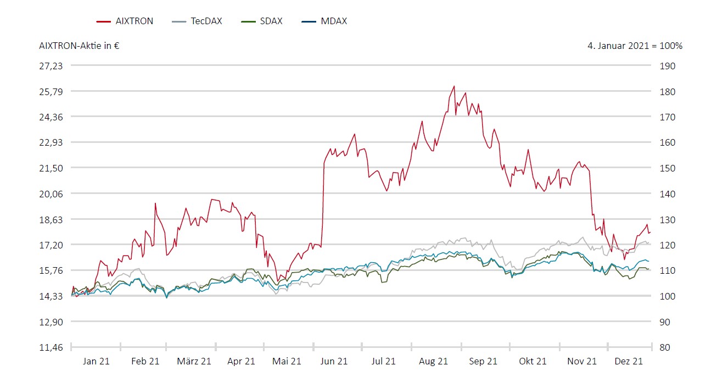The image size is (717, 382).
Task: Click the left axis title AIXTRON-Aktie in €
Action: point(80,46)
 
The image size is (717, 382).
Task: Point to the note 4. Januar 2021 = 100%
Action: point(635,46)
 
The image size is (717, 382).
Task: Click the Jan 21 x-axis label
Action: point(96,361)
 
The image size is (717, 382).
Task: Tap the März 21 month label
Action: point(194,361)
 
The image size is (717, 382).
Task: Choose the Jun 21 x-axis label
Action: point(334,361)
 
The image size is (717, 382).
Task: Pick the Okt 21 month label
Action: point(533,361)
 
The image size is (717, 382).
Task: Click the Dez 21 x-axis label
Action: point(629,361)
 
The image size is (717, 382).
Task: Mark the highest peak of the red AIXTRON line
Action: point(454,86)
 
